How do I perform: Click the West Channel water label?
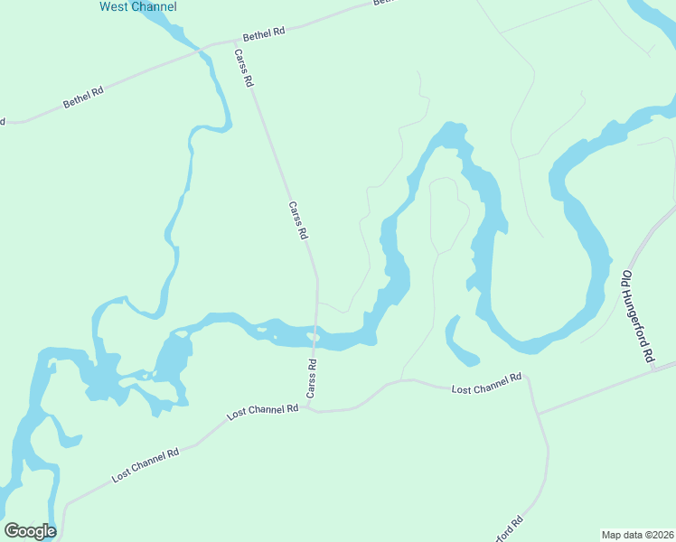tap(137, 7)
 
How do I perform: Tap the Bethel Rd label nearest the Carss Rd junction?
tap(264, 33)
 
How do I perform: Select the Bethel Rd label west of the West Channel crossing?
tap(83, 98)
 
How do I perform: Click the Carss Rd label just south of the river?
tap(312, 379)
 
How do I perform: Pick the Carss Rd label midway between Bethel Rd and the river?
tap(298, 220)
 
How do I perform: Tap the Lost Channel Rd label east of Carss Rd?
tap(487, 383)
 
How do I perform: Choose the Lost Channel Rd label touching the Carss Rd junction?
tap(263, 412)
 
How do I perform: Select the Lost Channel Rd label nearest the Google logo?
tap(146, 463)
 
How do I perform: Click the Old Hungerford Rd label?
tap(637, 316)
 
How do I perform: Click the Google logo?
tap(30, 531)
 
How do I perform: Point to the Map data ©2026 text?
tap(637, 534)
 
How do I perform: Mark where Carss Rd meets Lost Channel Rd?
tap(309, 407)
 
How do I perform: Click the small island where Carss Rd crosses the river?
tap(314, 337)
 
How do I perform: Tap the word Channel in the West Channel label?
tap(155, 7)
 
